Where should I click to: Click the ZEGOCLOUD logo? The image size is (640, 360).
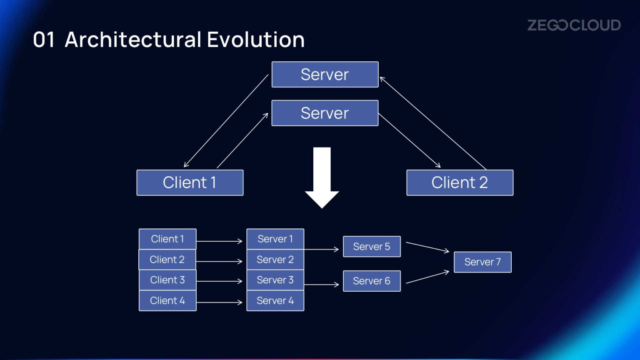[x=574, y=25]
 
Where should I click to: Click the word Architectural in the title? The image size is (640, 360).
[x=133, y=40]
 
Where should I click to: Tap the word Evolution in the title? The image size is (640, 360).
[x=255, y=40]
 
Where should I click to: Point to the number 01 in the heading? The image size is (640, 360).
[x=44, y=40]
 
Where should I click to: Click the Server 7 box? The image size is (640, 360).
[x=482, y=262]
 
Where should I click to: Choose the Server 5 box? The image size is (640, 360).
[x=372, y=247]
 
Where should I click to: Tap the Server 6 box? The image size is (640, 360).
[x=372, y=281]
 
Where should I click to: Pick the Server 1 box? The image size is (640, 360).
[x=275, y=239]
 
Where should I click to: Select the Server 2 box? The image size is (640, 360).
[x=275, y=260]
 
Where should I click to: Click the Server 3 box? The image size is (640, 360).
[x=275, y=280]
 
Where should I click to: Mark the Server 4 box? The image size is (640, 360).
[x=275, y=301]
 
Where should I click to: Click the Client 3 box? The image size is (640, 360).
[x=167, y=280]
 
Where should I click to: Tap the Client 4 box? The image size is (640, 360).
[x=167, y=301]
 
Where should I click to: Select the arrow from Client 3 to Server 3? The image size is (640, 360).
[x=220, y=281]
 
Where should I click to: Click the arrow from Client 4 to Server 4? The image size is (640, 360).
[x=220, y=302]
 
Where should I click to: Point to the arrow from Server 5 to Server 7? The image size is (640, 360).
[x=427, y=247]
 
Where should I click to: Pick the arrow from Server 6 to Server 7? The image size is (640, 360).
[x=427, y=277]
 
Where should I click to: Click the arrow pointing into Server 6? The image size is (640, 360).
[x=322, y=285]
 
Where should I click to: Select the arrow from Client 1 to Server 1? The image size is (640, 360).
[x=220, y=241]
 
